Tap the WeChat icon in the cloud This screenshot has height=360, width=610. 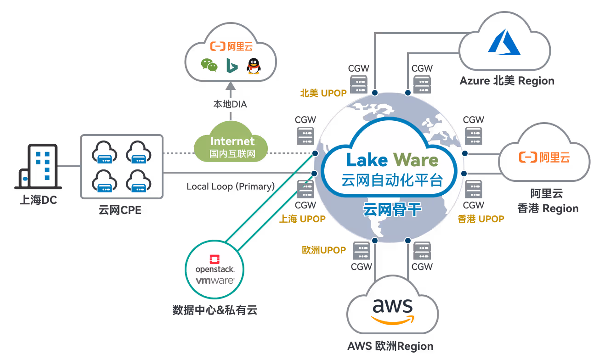pos(209,65)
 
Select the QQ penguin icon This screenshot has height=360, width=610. pos(253,66)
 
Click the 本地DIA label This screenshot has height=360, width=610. pos(230,104)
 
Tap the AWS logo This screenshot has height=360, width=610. pos(393,310)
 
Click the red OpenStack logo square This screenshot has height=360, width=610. pos(215,259)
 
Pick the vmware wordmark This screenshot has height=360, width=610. pos(215,280)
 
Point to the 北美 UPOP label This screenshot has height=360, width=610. pos(323,93)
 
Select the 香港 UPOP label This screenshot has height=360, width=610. pos(480,219)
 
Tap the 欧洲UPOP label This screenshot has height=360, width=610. pos(324,250)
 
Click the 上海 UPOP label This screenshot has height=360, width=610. pos(302,219)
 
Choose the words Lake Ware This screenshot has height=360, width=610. pos(392,160)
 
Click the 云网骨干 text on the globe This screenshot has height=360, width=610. pos(392,210)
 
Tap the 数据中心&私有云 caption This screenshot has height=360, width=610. pos(215,310)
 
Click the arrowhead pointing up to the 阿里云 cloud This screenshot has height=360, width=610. pos(231,85)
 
